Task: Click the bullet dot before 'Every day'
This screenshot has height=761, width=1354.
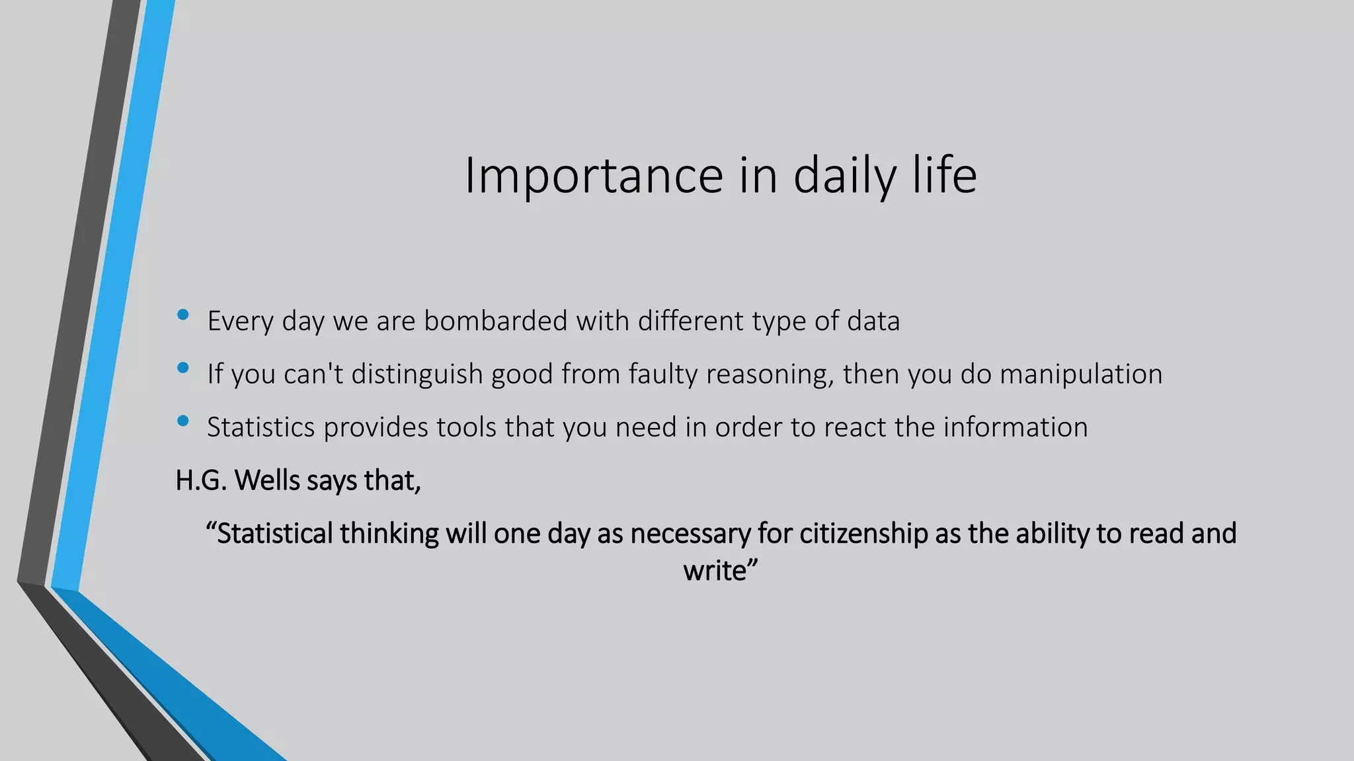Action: click(183, 315)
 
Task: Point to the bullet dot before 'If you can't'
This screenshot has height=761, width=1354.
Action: click(183, 368)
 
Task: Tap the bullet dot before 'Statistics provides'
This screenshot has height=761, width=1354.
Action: click(183, 421)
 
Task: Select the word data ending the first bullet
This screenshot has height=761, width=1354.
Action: click(873, 321)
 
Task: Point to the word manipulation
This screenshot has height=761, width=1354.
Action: click(1080, 375)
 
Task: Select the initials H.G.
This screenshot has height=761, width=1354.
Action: click(201, 480)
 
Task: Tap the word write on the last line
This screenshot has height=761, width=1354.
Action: click(715, 571)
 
